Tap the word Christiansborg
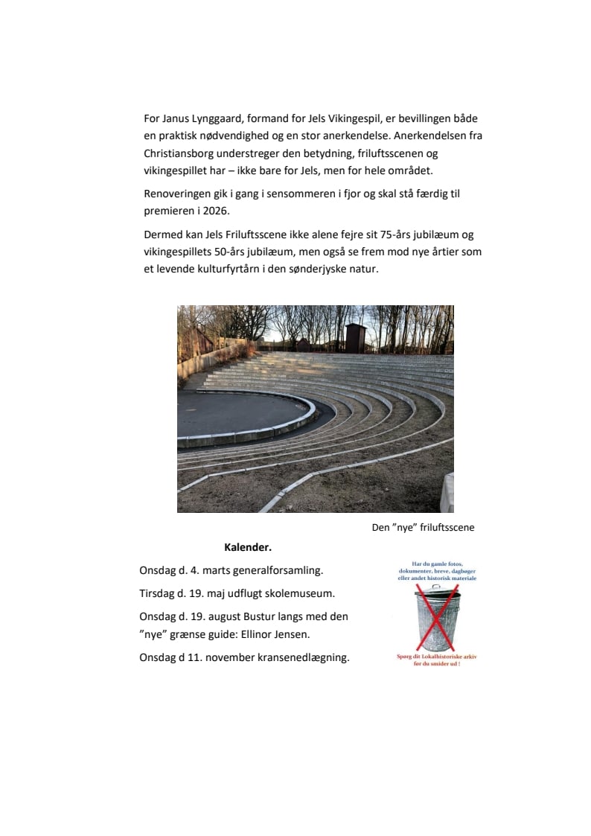(182, 153)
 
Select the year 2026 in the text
(220, 211)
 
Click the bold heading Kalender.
(248, 548)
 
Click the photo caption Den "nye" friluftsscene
(423, 528)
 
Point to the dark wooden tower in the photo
(355, 338)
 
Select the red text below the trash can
(437, 660)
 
